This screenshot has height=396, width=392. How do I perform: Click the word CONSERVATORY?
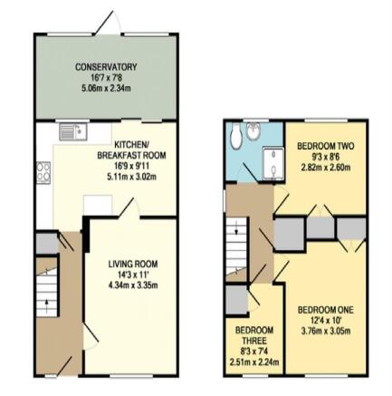point(106,67)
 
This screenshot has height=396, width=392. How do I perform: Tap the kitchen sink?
point(73,131)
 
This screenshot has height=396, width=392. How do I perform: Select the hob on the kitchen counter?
point(43,172)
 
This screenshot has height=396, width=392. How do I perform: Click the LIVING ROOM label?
point(133,264)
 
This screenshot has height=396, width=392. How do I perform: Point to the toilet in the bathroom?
point(235,136)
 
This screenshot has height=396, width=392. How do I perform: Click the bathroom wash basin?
point(253,132)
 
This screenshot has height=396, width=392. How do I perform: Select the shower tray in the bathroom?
point(273,164)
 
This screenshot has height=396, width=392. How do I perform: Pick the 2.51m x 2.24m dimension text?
point(254,362)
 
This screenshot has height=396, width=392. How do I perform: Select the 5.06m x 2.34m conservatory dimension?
point(106,89)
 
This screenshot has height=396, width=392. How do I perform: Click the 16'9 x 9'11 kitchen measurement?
point(131,166)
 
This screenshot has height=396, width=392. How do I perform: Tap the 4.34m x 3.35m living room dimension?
point(133,285)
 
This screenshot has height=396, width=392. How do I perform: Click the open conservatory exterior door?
point(104,23)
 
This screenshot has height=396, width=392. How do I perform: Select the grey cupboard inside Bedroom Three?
point(236,300)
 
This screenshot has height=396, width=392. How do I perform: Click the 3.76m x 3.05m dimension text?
point(326,331)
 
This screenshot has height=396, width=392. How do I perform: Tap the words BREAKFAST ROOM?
point(131,156)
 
